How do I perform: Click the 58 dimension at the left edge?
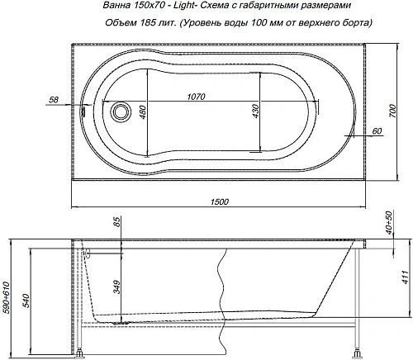pos(54,100)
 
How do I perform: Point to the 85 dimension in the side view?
pos(117,223)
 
